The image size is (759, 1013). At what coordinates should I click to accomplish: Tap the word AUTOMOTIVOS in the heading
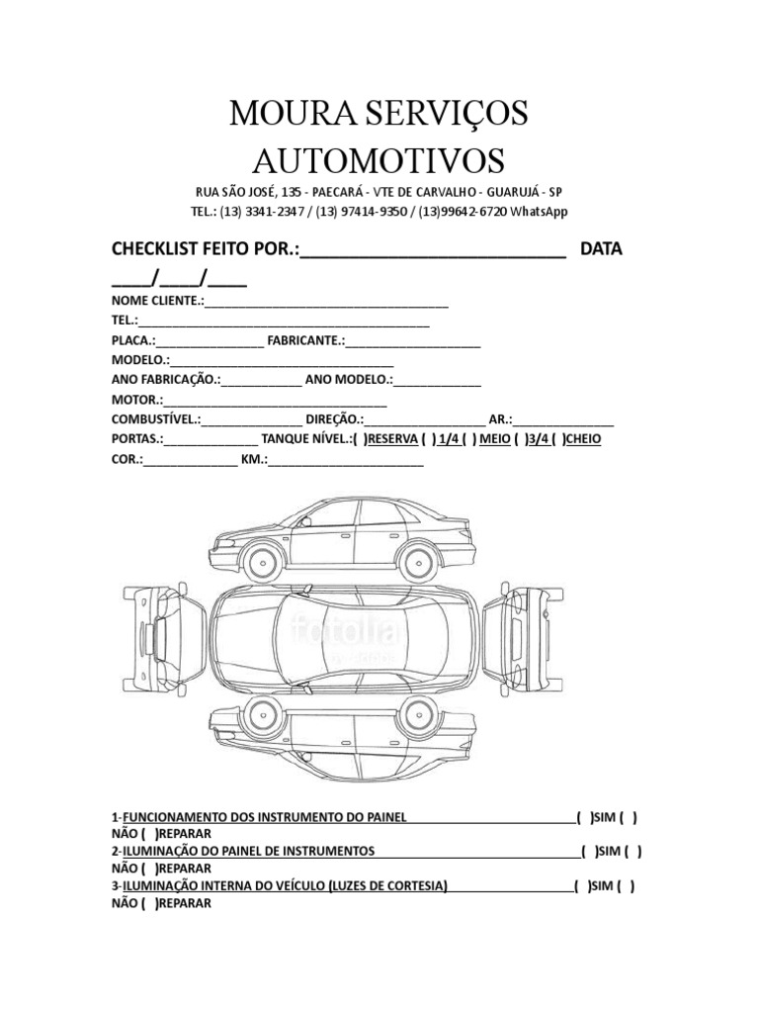(x=379, y=159)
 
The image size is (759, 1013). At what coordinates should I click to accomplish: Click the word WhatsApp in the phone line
(x=538, y=212)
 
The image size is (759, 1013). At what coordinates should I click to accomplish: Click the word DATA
(x=601, y=248)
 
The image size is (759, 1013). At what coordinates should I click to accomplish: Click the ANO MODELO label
(x=350, y=380)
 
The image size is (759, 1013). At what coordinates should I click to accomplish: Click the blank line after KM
(x=346, y=460)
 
